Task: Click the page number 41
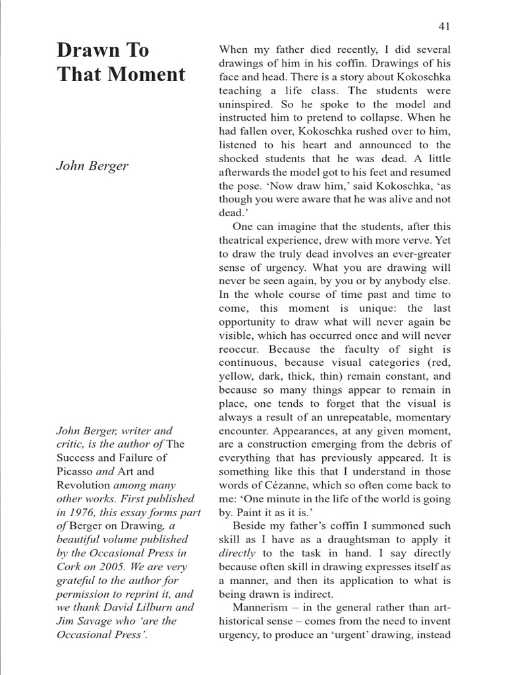click(x=443, y=26)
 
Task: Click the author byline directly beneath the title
click(x=92, y=165)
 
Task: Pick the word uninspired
click(x=245, y=103)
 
